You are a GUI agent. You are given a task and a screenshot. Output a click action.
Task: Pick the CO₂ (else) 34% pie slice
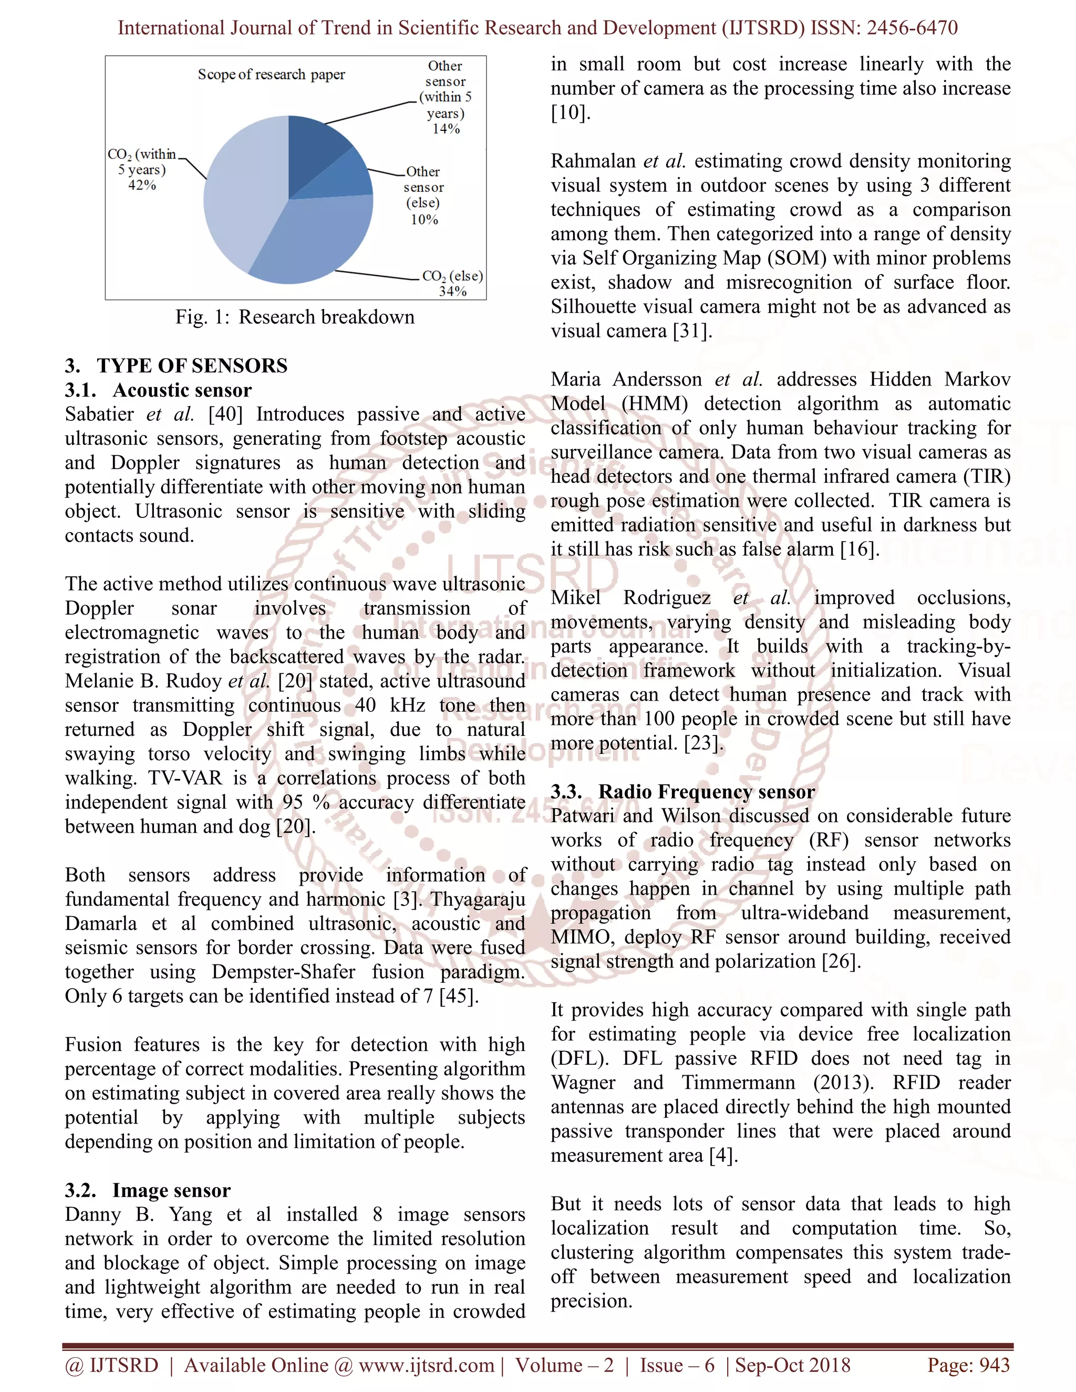point(319,242)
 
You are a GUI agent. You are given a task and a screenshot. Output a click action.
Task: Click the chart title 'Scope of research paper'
point(271,75)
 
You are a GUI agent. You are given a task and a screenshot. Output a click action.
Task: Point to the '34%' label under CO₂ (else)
point(452,292)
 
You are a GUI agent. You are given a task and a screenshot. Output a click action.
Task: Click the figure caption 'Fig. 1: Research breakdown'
point(295,317)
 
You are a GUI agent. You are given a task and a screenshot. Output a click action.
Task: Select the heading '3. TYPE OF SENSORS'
point(176,365)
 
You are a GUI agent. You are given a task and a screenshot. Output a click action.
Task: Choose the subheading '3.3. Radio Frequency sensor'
point(682,792)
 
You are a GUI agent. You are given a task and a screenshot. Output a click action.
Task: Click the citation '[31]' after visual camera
point(692,331)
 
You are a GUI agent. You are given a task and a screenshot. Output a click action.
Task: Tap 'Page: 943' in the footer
point(968,1365)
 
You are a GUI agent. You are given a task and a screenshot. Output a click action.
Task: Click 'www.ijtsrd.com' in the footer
point(427,1365)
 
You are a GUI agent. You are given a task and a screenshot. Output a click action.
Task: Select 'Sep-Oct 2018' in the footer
point(792,1365)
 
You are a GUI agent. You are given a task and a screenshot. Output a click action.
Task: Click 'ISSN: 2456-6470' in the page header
point(884,27)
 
